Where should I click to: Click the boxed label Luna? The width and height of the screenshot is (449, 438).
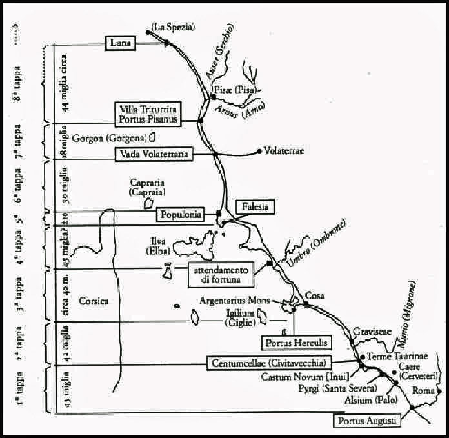click(121, 43)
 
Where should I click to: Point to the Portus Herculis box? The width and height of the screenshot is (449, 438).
click(290, 343)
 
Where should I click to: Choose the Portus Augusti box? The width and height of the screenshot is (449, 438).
click(367, 421)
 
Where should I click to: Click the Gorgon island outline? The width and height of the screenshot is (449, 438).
click(152, 137)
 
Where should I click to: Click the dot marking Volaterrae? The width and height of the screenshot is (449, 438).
click(259, 151)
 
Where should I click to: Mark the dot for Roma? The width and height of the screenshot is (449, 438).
click(439, 391)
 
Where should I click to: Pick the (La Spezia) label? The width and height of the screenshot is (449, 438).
click(172, 27)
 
